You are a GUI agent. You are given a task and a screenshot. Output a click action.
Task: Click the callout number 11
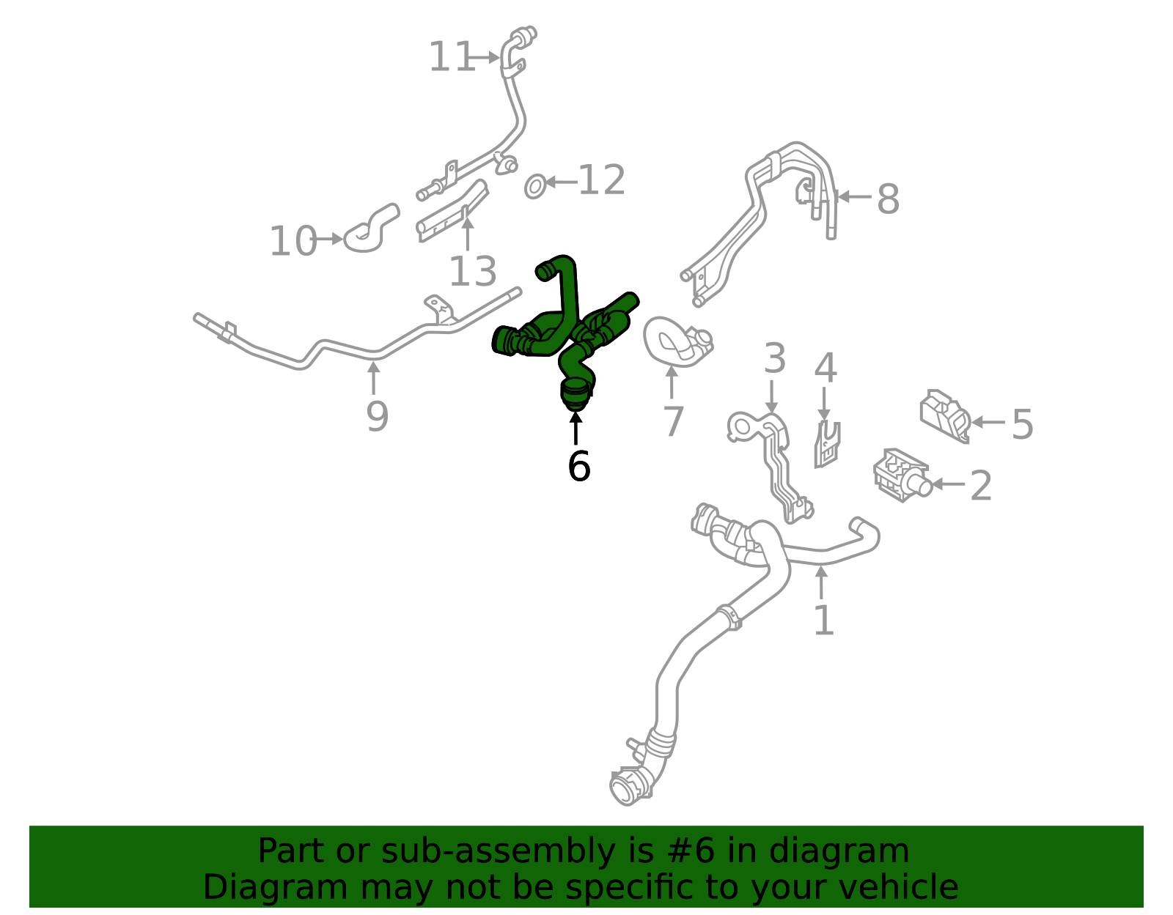coord(452,57)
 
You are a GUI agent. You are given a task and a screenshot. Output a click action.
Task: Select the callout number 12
coord(601,181)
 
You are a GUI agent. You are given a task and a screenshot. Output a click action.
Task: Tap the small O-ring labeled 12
coord(535,187)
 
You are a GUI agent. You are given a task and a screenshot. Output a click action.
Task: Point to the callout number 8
coord(888,199)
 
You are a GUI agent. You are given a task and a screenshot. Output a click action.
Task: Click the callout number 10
coord(293,240)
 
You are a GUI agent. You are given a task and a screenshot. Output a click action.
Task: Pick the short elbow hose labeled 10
coord(372,229)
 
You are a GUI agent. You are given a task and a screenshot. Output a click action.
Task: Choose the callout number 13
coord(472,271)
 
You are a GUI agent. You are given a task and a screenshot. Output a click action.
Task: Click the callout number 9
coord(378,416)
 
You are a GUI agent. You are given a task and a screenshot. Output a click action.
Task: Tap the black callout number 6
coord(578,466)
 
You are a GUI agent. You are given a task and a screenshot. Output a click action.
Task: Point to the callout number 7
coord(673,421)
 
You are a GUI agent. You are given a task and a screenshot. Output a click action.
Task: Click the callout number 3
coord(775,358)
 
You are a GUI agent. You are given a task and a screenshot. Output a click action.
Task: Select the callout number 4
coord(825,368)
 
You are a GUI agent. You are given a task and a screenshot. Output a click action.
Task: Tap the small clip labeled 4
coord(826,445)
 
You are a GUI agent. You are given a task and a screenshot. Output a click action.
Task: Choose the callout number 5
coord(1022,424)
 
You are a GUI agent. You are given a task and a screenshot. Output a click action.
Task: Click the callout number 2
coord(981,486)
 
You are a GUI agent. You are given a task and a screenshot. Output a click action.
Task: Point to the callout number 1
coord(824,620)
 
